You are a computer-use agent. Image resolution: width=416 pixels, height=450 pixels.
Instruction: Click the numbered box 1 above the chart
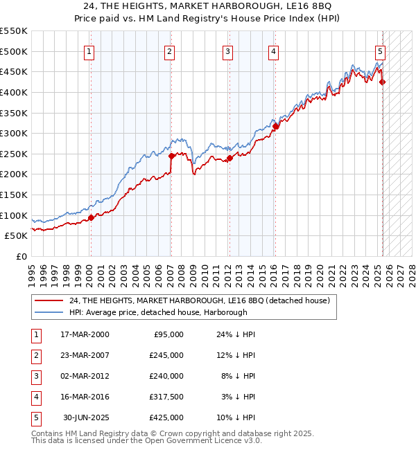point(90,50)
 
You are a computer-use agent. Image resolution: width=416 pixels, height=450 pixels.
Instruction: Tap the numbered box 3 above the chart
point(227,50)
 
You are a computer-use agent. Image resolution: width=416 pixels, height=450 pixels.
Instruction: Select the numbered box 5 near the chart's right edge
point(381,50)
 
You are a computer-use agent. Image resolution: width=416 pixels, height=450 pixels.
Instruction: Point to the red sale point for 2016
point(275,126)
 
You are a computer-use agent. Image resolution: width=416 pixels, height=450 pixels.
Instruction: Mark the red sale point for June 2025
point(382,82)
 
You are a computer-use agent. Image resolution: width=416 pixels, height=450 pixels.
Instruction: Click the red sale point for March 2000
point(91,217)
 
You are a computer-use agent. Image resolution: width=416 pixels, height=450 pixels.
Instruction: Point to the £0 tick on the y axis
point(21,256)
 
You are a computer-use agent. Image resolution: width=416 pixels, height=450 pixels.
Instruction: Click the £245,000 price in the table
point(166,355)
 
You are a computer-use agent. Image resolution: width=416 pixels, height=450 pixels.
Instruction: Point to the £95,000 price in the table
point(168,334)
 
